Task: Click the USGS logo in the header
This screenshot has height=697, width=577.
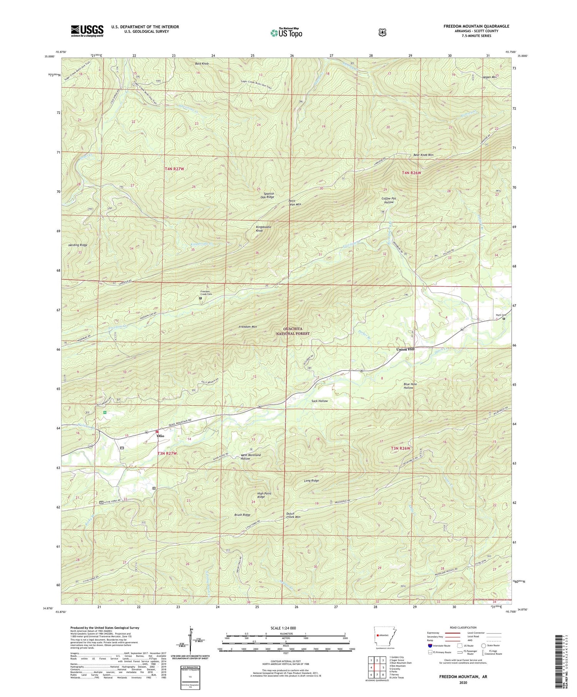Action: pyautogui.click(x=87, y=31)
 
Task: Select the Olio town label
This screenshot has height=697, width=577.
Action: pyautogui.click(x=160, y=436)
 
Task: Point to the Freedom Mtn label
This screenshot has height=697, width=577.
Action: pyautogui.click(x=247, y=327)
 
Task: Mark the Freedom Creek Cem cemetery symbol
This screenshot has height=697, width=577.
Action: pyautogui.click(x=200, y=298)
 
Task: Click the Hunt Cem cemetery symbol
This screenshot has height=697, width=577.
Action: pyautogui.click(x=504, y=318)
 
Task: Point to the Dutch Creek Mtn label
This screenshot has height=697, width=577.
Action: pyautogui.click(x=293, y=515)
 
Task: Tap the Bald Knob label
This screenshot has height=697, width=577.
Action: pyautogui.click(x=202, y=63)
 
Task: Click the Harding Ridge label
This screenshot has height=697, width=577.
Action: pyautogui.click(x=78, y=245)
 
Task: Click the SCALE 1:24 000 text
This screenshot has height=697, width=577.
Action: pyautogui.click(x=286, y=628)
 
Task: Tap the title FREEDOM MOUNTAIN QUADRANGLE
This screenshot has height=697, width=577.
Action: pyautogui.click(x=476, y=26)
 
